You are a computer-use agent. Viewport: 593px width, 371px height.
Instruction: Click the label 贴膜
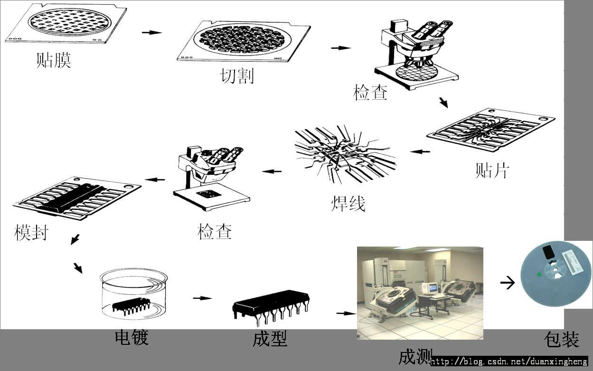(x=54, y=60)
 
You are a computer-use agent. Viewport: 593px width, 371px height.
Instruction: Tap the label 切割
(x=237, y=76)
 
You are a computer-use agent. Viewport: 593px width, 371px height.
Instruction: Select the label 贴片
(x=492, y=170)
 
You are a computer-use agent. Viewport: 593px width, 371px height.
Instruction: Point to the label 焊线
(x=348, y=203)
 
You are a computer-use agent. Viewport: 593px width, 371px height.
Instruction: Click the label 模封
(x=31, y=232)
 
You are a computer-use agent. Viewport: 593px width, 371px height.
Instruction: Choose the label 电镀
(x=132, y=337)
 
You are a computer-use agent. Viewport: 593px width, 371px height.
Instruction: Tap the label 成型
(x=270, y=339)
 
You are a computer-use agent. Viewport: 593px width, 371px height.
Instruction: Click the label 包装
(x=562, y=339)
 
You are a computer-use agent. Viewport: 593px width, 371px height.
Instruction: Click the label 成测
(x=415, y=356)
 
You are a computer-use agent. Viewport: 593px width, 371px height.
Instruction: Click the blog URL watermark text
(x=509, y=361)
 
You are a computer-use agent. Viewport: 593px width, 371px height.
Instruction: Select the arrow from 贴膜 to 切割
(x=151, y=33)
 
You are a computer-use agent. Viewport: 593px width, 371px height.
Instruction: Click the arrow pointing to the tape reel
(x=508, y=282)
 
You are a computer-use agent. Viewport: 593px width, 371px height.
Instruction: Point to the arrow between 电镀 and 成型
(x=203, y=298)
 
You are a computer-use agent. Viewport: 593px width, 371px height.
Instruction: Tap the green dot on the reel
(x=539, y=275)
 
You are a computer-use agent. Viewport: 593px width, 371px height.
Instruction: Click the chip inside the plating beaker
(x=132, y=305)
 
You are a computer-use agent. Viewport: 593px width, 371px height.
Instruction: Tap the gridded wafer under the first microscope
(x=416, y=72)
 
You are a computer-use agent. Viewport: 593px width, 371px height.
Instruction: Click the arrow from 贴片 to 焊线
(x=420, y=152)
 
